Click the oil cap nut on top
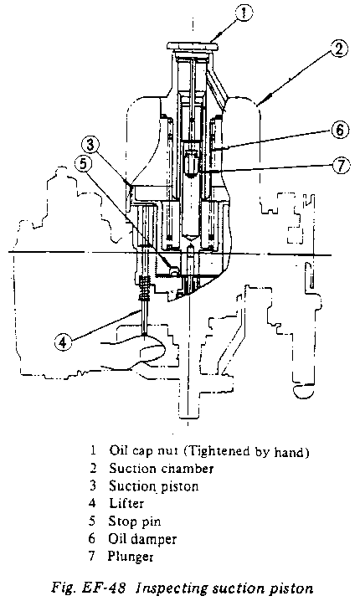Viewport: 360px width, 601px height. pos(193,47)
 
